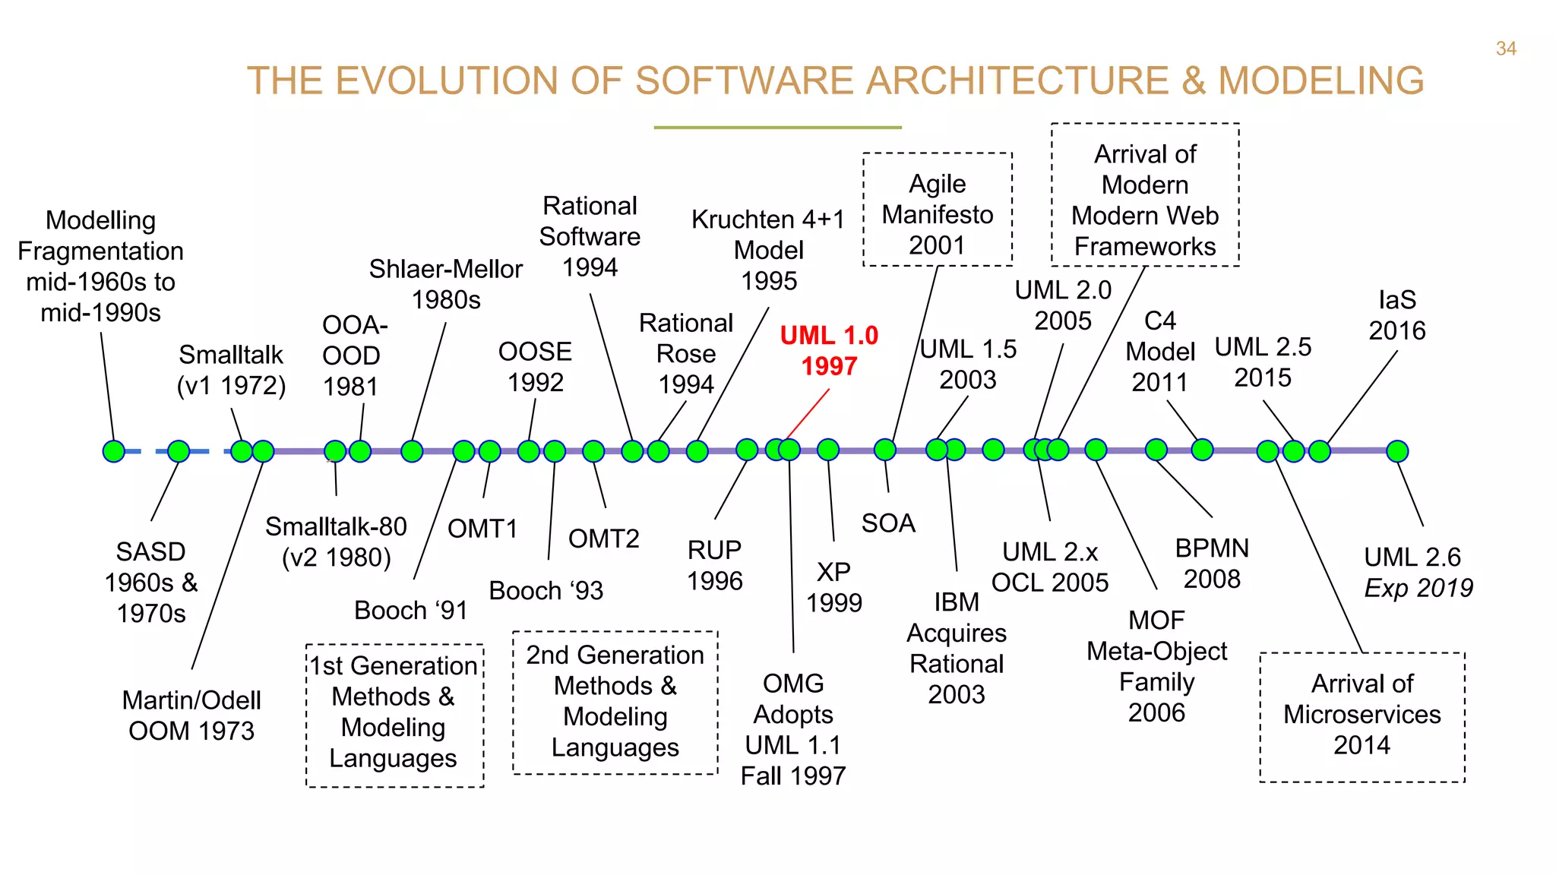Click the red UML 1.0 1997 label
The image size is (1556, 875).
(x=829, y=351)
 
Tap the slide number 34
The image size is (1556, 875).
(x=1506, y=49)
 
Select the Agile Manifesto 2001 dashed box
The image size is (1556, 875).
(x=938, y=210)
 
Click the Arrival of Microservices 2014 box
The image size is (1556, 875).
(x=1362, y=716)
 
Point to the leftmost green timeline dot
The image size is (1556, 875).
(x=113, y=451)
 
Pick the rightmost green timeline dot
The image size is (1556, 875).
(x=1397, y=451)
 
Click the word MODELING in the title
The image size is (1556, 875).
(x=1320, y=81)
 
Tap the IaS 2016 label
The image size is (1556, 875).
(x=1397, y=315)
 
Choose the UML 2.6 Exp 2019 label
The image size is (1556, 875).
(x=1418, y=572)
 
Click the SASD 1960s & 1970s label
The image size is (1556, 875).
(x=151, y=582)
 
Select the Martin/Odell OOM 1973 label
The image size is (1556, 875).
(x=191, y=715)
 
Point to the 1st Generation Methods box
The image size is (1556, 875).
(x=394, y=715)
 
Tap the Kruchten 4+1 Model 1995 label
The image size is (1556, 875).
(x=769, y=250)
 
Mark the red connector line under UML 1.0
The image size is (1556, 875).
(x=808, y=414)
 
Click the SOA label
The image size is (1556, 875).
(x=888, y=523)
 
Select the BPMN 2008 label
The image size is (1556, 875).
(x=1212, y=564)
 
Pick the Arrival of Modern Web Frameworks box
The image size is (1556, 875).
(x=1145, y=195)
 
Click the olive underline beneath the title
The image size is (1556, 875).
(x=777, y=128)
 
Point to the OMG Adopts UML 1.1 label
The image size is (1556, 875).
(x=793, y=729)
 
